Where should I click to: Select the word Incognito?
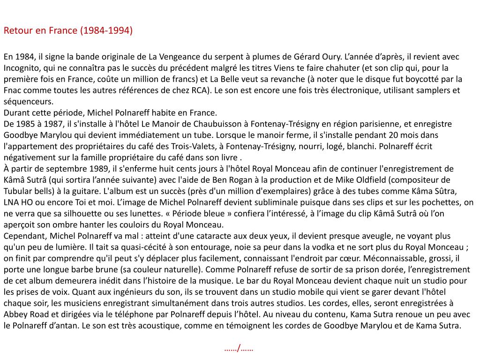22,68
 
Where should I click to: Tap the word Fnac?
13,90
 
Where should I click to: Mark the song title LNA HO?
19,202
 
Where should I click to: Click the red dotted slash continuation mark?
239,348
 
